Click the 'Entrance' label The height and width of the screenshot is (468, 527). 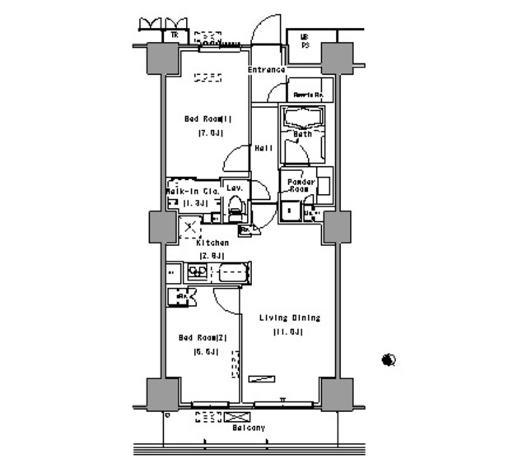pos(266,70)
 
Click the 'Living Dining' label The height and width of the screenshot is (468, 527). pos(290,317)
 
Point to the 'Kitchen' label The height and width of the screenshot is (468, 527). pos(212,243)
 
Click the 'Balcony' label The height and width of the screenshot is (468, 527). pos(248,429)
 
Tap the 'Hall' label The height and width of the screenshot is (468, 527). pos(263,148)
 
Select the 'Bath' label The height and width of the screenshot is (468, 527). pos(302,133)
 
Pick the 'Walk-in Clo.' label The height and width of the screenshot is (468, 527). pos(192,190)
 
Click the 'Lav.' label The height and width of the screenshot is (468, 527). pos(234,188)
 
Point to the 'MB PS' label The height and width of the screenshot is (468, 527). pos(304,40)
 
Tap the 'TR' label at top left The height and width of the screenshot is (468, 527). pos(174,35)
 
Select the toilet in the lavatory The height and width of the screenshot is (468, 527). pos(235,207)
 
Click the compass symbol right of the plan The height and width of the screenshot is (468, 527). pos(389,359)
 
